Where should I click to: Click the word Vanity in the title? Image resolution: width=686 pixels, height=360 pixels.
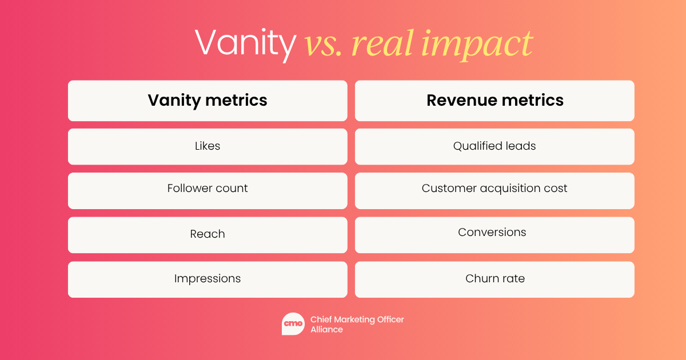click(x=246, y=45)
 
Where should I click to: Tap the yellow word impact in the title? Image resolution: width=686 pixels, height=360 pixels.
click(x=477, y=45)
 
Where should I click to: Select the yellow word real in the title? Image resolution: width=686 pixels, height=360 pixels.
click(x=383, y=43)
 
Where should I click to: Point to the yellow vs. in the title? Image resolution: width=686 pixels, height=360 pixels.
click(x=323, y=46)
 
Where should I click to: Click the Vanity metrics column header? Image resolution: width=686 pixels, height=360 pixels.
click(x=208, y=101)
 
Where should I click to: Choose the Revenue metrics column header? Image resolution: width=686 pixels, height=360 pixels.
click(x=494, y=101)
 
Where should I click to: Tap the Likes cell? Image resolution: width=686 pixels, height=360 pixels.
click(x=208, y=147)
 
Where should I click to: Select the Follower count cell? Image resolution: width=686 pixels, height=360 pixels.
click(x=208, y=191)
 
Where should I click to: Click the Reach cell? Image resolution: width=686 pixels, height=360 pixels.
click(x=208, y=235)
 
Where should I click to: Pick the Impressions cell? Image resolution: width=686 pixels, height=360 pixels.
click(x=208, y=279)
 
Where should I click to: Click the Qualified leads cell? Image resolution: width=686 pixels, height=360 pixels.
click(x=494, y=147)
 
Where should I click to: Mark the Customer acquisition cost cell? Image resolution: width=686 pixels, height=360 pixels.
click(x=494, y=191)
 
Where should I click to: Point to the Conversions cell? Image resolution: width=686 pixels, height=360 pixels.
click(x=494, y=235)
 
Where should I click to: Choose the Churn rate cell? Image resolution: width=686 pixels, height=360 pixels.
click(x=494, y=279)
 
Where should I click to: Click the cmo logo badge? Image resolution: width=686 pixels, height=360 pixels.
click(x=293, y=324)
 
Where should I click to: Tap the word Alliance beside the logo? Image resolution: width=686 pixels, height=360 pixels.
click(x=327, y=330)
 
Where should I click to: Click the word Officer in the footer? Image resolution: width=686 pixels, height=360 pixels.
click(x=390, y=319)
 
